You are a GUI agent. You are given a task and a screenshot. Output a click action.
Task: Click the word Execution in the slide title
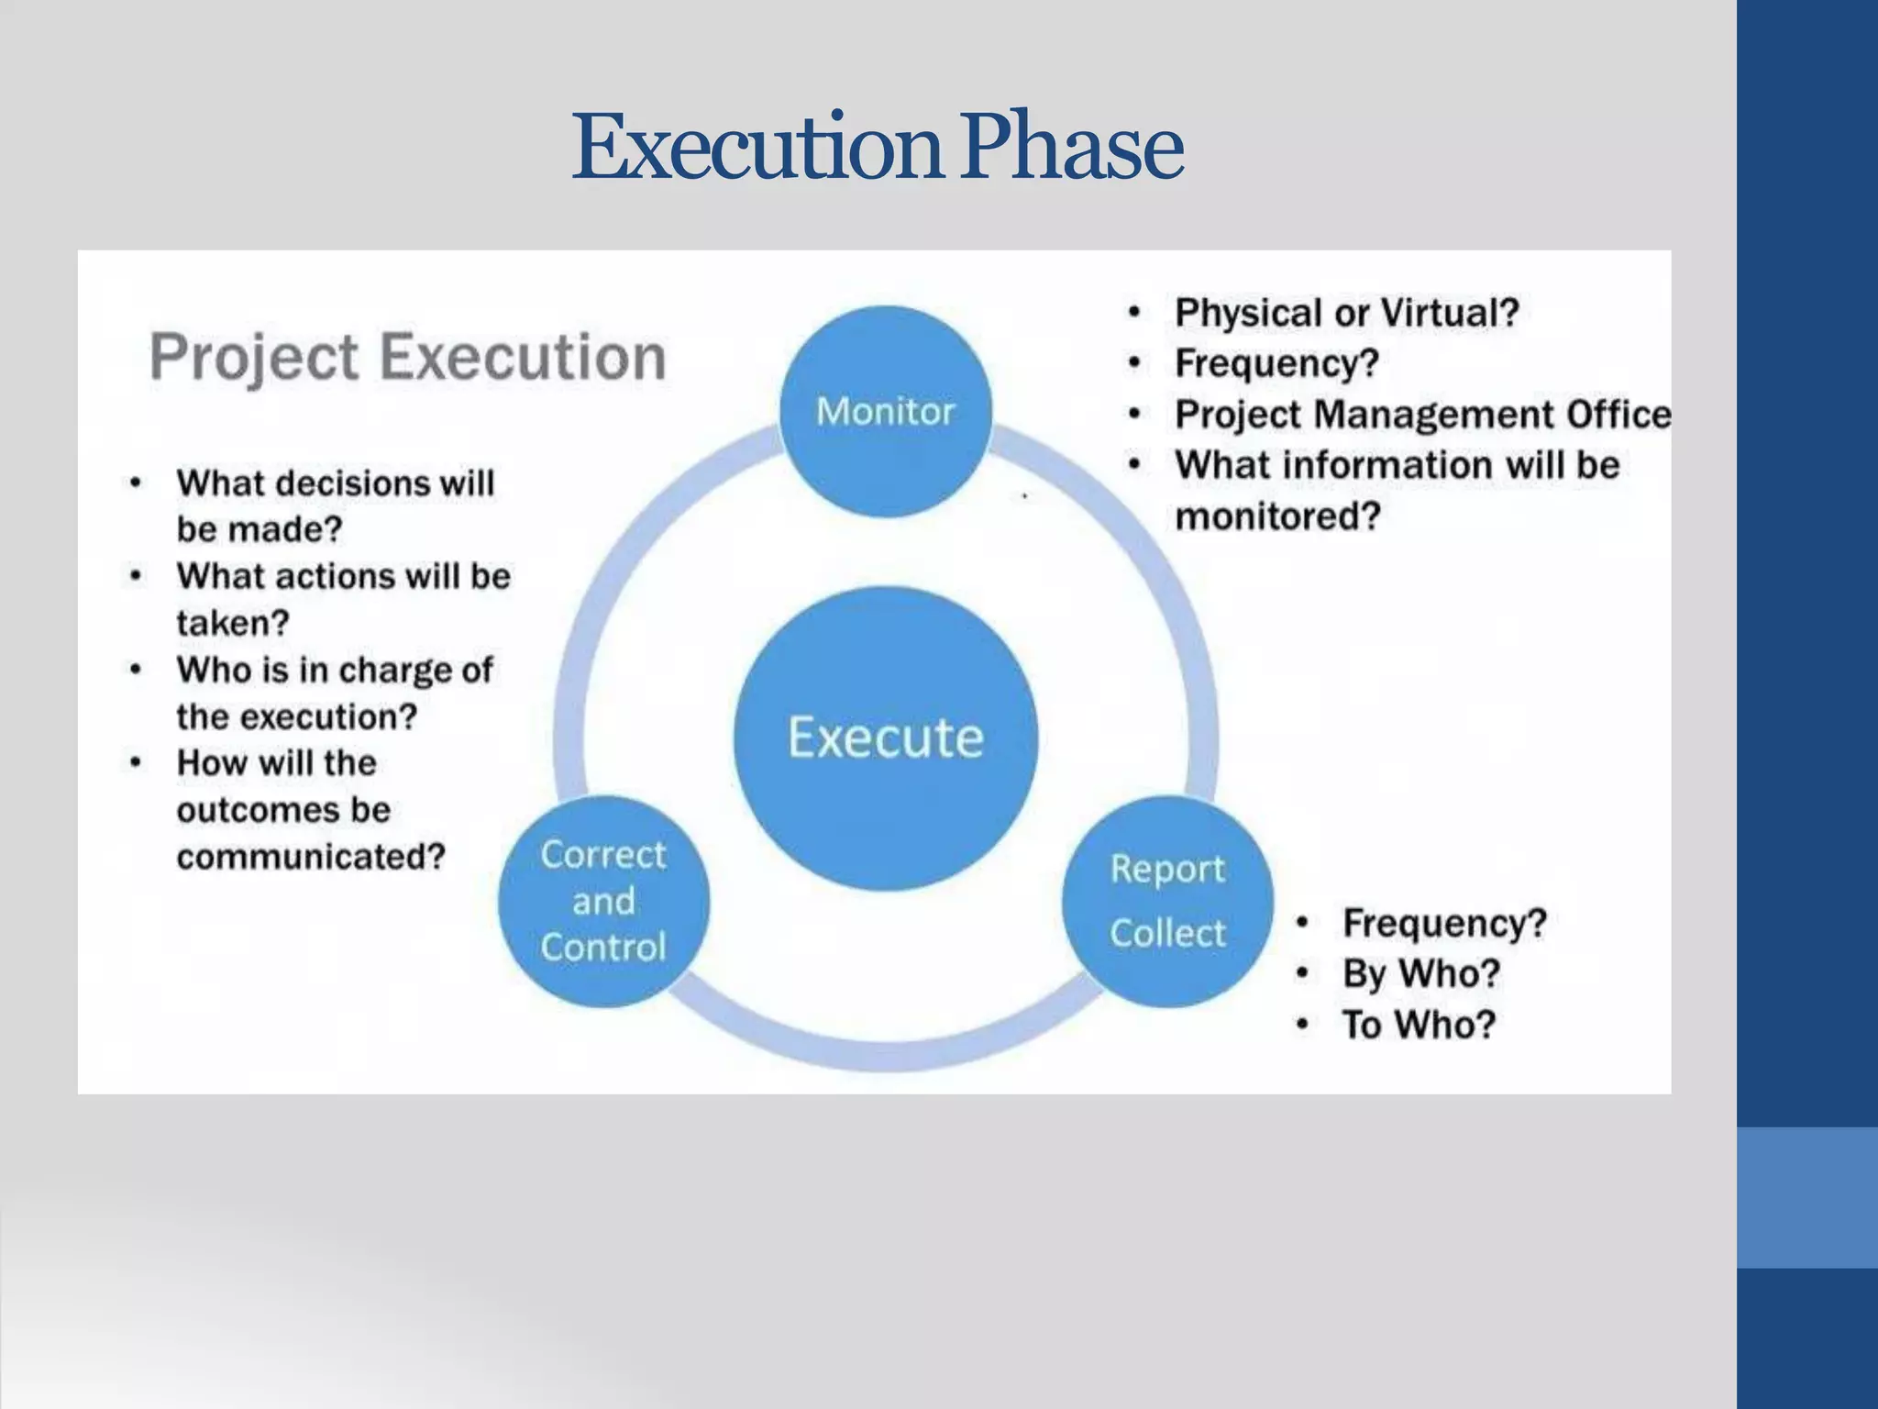click(x=757, y=147)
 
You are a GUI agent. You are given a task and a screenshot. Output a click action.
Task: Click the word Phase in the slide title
click(x=1073, y=147)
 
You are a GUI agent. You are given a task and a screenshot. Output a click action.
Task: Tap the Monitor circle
click(x=886, y=411)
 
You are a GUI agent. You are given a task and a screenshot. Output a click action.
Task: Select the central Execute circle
click(x=886, y=738)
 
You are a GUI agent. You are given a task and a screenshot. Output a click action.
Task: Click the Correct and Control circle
click(x=603, y=901)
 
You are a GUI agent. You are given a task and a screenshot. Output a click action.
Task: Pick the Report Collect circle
click(x=1167, y=901)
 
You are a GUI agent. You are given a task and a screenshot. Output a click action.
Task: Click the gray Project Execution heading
click(x=408, y=357)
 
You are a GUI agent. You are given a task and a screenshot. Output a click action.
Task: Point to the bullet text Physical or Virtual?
click(x=1347, y=313)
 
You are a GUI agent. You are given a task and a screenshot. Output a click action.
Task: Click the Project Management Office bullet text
click(x=1422, y=415)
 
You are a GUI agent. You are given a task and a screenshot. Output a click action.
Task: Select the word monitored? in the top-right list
click(x=1277, y=516)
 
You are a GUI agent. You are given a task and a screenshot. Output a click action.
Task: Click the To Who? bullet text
click(x=1419, y=1025)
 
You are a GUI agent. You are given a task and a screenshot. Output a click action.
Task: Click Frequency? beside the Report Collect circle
click(x=1444, y=923)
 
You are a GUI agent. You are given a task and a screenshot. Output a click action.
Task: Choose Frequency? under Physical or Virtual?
click(x=1276, y=363)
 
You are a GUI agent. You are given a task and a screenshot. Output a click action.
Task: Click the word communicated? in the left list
click(x=311, y=857)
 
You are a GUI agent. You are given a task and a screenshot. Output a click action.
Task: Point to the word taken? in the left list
click(x=233, y=624)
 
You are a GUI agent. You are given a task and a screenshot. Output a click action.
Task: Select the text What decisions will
click(x=336, y=483)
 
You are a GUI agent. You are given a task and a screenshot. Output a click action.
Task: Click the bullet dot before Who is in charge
click(x=136, y=669)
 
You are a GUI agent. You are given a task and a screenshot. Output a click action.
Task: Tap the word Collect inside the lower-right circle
click(x=1167, y=933)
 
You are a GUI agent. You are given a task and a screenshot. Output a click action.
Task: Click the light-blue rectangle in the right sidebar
click(x=1806, y=1197)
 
